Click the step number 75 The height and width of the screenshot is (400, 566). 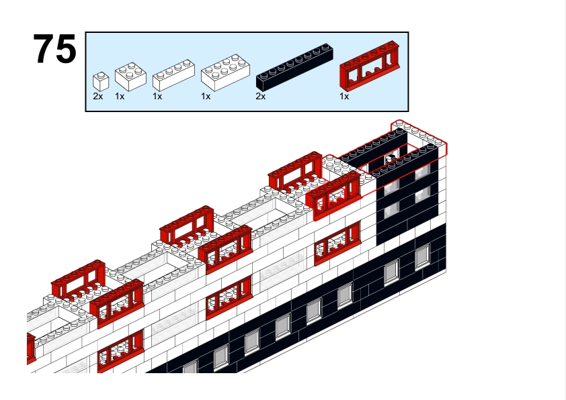(55, 49)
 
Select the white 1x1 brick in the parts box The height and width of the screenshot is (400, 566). (100, 81)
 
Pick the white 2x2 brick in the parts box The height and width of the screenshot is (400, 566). (130, 77)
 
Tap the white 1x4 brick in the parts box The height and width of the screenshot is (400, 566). (173, 77)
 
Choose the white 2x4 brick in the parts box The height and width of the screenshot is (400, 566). (225, 74)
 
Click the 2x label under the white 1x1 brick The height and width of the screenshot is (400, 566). (98, 97)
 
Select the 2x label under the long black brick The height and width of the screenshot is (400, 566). (261, 97)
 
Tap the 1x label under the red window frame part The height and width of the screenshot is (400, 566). (344, 97)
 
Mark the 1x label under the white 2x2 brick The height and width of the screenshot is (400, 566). (120, 97)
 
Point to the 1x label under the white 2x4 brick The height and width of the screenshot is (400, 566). (206, 97)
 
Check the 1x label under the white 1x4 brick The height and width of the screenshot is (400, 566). (157, 97)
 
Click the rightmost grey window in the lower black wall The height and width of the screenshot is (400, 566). (422, 256)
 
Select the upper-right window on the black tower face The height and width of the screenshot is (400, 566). (423, 172)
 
